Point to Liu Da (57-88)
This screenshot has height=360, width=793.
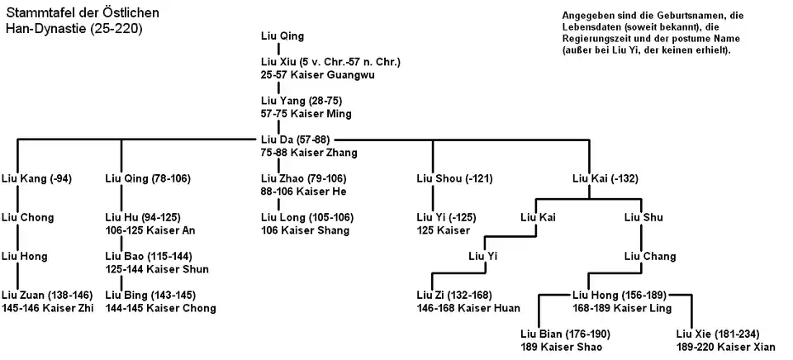(294, 140)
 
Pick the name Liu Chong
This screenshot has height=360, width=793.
(28, 218)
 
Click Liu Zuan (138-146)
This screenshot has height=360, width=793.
(46, 296)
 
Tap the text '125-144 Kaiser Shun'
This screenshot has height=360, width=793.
(157, 269)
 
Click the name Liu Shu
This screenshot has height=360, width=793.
(643, 218)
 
